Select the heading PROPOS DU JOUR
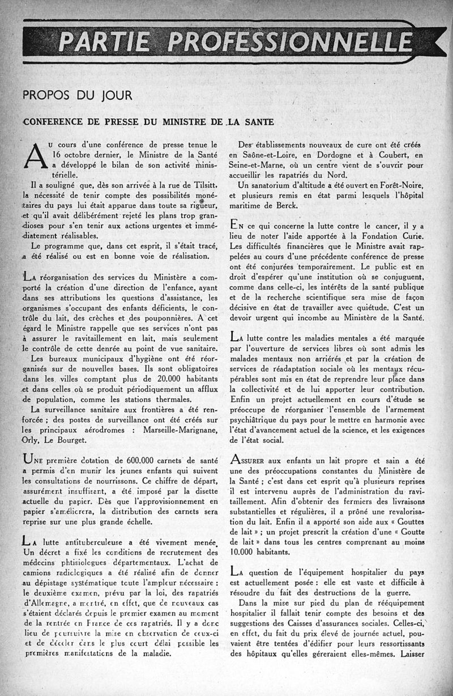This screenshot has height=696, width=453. [x=78, y=96]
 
